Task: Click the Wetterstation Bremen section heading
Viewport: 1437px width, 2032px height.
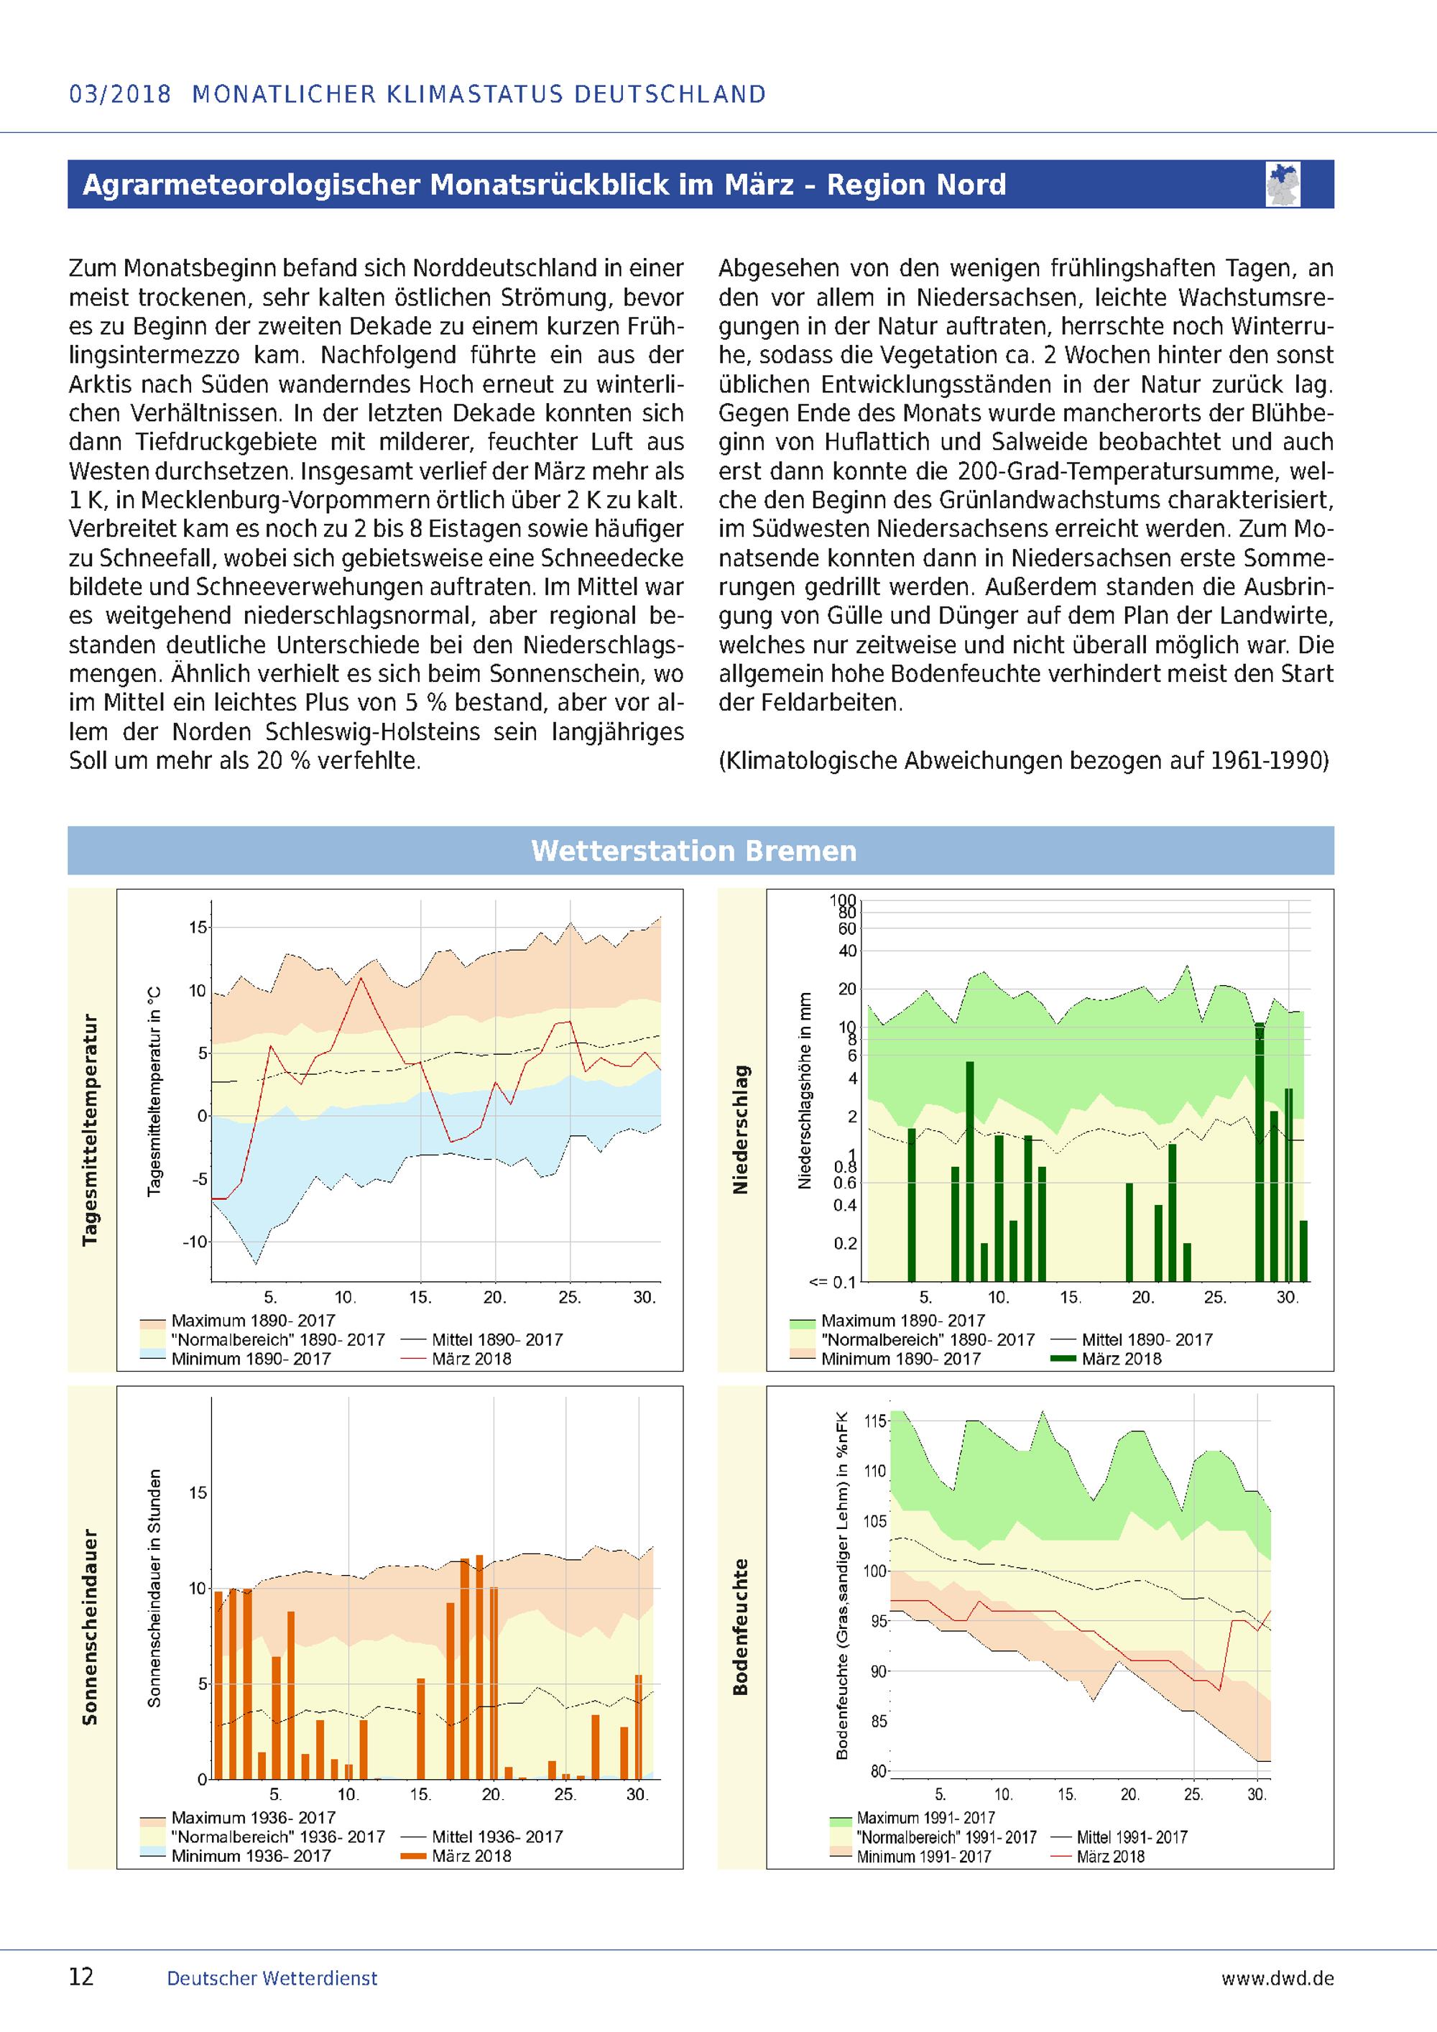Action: (x=694, y=851)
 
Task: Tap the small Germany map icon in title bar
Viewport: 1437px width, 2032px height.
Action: (x=1284, y=184)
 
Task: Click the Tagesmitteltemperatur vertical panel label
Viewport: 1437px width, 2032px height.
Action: (x=91, y=1130)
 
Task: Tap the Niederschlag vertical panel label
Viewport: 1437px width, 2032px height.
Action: (x=741, y=1130)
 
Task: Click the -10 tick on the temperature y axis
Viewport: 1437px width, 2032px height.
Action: (x=195, y=1242)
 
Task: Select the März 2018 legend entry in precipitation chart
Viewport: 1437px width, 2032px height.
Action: (x=1121, y=1359)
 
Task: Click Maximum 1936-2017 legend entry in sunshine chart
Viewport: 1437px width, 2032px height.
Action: (x=253, y=1818)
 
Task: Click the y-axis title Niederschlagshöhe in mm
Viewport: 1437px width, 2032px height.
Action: (x=804, y=1089)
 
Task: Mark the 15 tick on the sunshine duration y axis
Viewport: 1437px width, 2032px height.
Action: (x=198, y=1493)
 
